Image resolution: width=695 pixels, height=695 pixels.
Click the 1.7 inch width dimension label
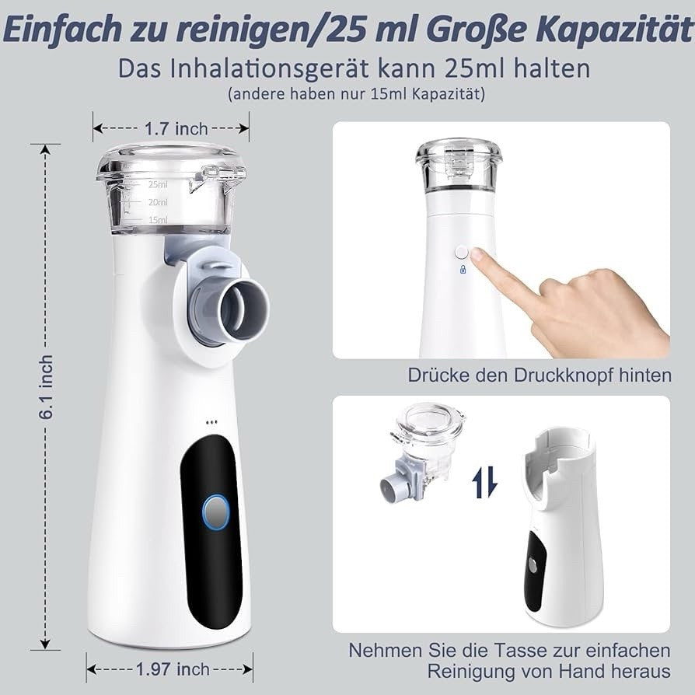click(x=176, y=128)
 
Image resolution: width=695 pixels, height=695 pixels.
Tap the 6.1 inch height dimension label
click(x=46, y=387)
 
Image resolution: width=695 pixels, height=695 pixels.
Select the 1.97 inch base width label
click(x=173, y=669)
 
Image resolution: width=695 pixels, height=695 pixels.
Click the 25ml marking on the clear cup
click(x=158, y=184)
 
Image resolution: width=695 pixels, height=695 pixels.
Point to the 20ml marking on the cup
click(x=158, y=202)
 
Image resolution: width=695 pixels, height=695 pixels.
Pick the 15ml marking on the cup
click(x=158, y=220)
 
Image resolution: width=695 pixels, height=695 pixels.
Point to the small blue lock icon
click(x=463, y=269)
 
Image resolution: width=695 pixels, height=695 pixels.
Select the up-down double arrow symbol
click(x=485, y=482)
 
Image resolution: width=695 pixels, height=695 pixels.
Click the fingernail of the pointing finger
click(x=477, y=254)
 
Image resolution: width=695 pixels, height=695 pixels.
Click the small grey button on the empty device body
click(x=532, y=564)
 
